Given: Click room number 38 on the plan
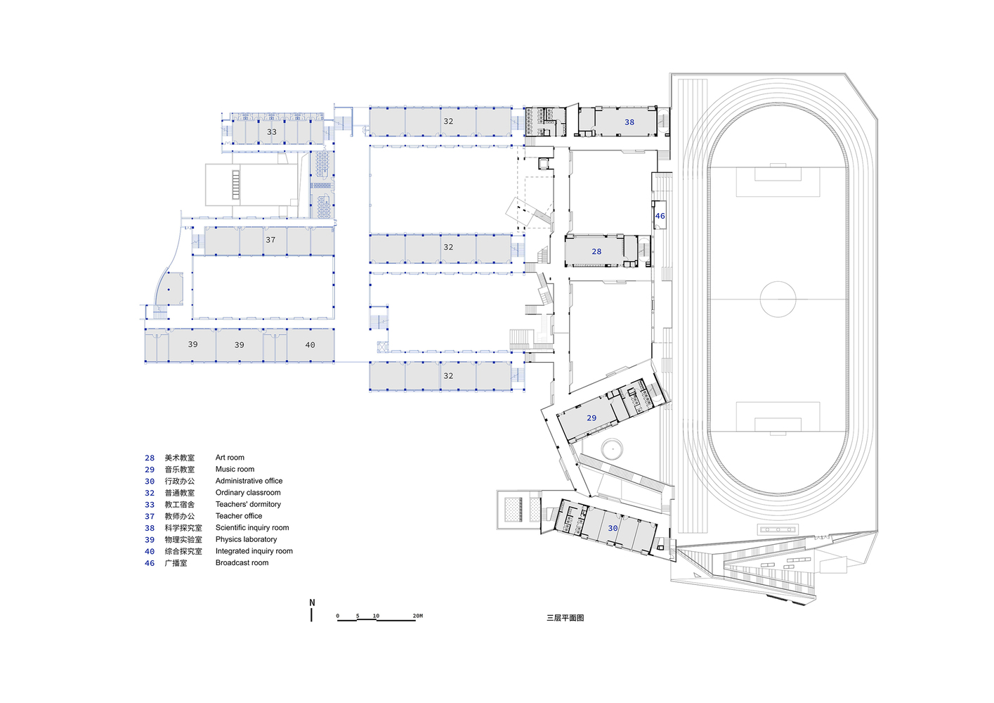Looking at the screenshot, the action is (629, 122).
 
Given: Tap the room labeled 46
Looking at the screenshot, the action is (660, 216).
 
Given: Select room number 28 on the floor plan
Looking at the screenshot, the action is (596, 252).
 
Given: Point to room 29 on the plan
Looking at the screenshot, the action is (591, 418).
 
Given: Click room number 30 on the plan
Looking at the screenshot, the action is (613, 528).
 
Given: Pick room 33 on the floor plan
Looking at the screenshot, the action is (272, 132).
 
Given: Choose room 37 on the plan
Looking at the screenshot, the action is (270, 240).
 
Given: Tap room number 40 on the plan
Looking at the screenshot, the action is (310, 344).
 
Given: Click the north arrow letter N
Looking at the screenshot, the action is (312, 602).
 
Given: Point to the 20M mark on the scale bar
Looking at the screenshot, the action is (417, 616).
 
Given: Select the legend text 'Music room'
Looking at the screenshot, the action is (235, 469).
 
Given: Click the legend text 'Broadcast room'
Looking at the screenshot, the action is (242, 562).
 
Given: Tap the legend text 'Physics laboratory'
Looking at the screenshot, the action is (246, 539).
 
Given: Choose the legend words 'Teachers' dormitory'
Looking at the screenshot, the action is (248, 504).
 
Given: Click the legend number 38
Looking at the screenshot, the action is (150, 528).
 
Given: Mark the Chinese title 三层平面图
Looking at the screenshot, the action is (565, 618).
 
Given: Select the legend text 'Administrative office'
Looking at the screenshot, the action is (249, 481).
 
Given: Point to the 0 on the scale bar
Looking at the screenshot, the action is (338, 616).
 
